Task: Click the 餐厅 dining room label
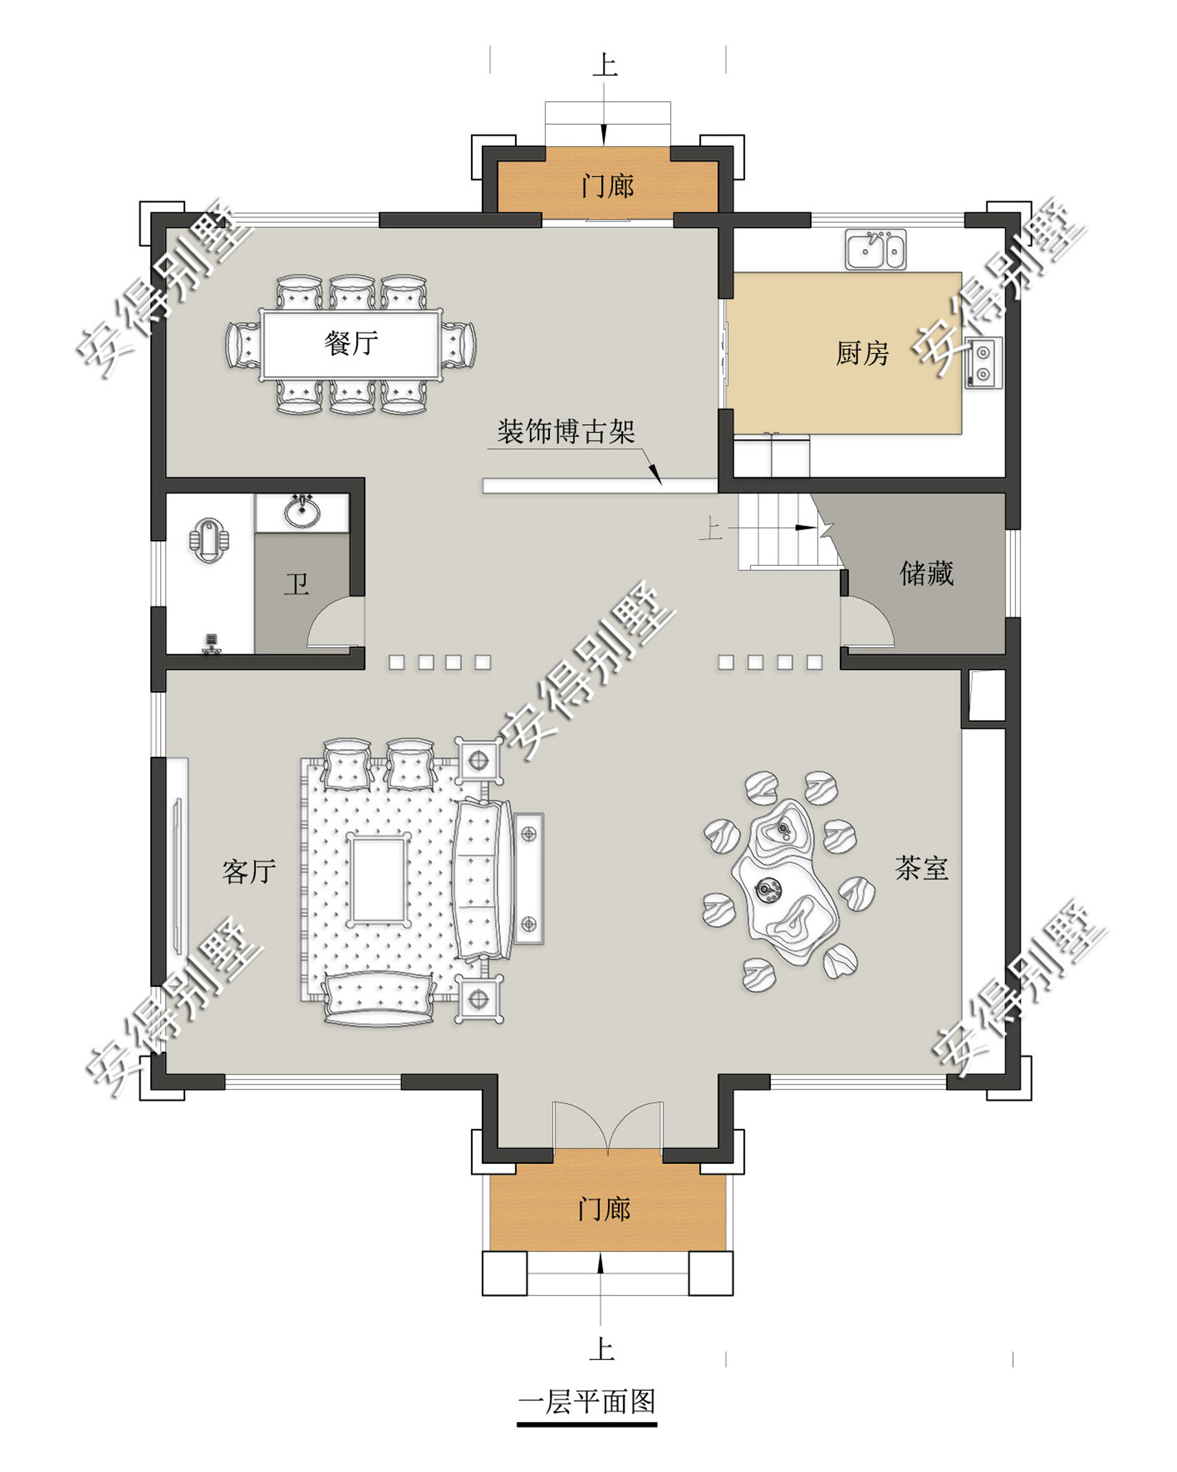(351, 343)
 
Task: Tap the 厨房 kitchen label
(862, 353)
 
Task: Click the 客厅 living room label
(249, 871)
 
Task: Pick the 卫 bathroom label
(297, 584)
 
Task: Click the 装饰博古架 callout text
(565, 432)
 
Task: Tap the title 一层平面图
(587, 1402)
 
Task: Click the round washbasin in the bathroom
(302, 511)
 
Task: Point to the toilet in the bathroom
(209, 541)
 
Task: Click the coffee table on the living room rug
(378, 879)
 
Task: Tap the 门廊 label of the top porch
(607, 186)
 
